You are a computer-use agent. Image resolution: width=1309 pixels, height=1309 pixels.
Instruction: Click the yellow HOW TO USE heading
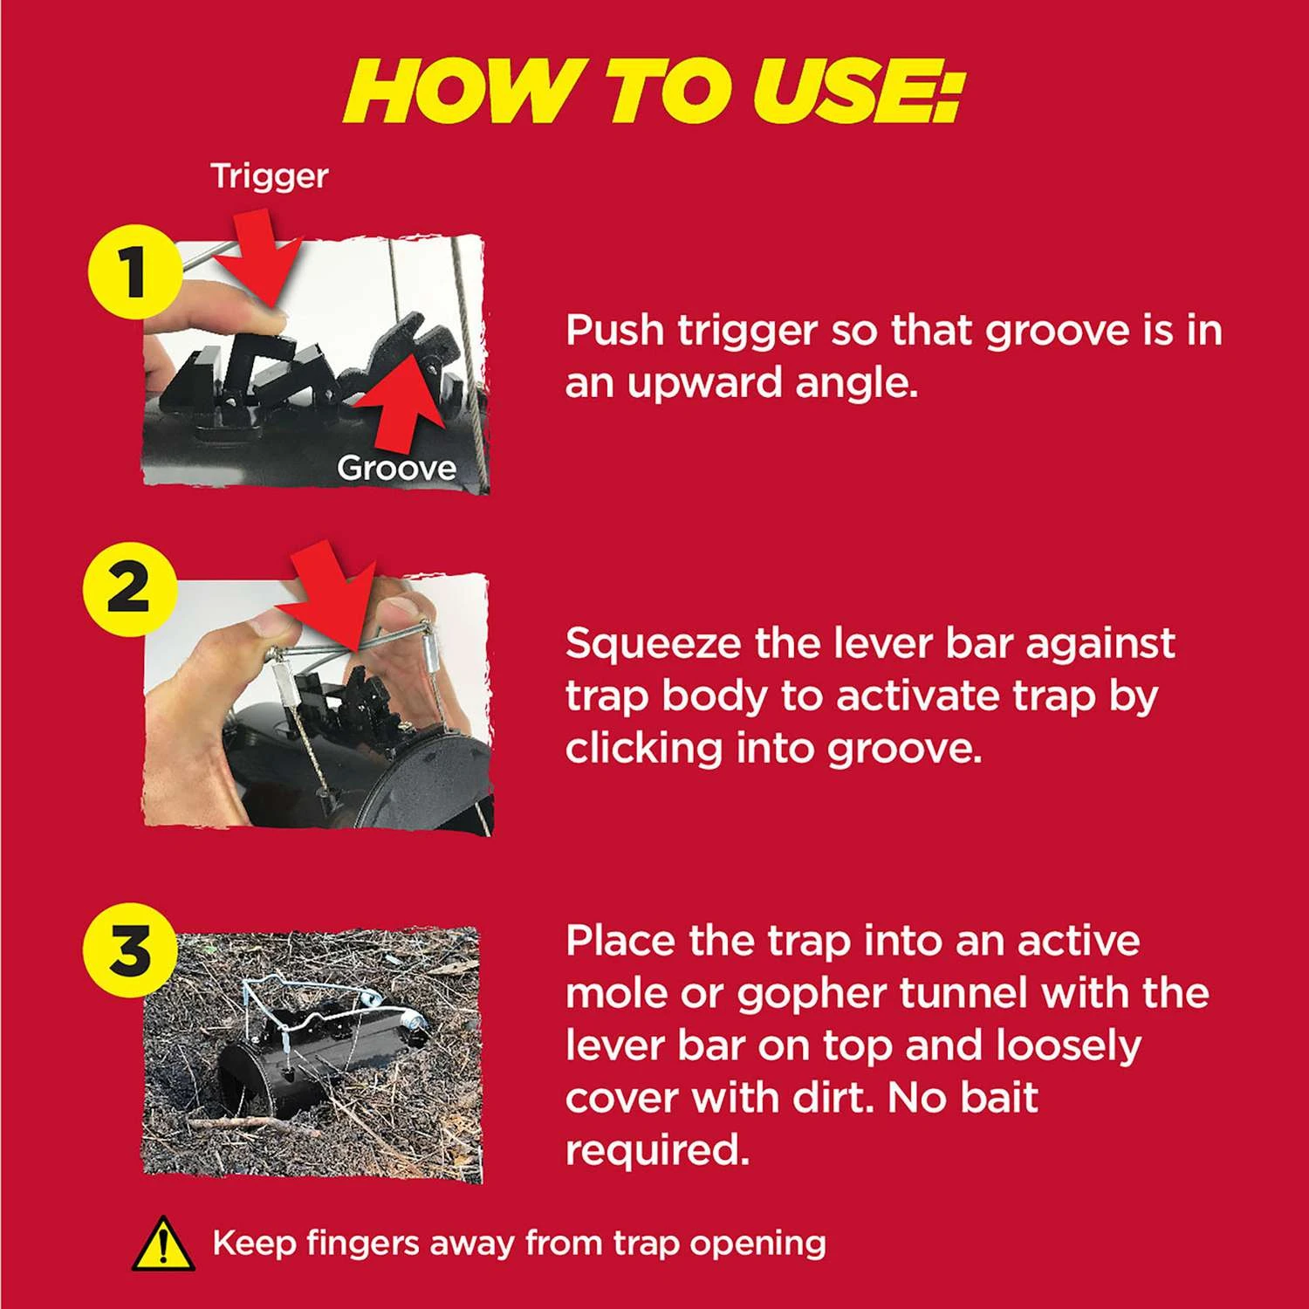tap(653, 93)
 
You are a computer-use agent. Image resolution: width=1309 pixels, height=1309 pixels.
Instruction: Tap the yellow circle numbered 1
tap(133, 271)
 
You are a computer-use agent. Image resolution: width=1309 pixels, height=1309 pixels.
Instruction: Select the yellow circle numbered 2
tap(129, 587)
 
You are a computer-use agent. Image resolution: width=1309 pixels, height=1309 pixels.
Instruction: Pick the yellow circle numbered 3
tap(129, 949)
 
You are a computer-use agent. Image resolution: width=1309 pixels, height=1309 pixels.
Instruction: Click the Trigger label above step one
tap(270, 177)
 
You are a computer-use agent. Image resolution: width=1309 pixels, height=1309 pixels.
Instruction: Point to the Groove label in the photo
tap(397, 469)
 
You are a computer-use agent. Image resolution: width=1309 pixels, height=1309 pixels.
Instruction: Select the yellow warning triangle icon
tap(163, 1244)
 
